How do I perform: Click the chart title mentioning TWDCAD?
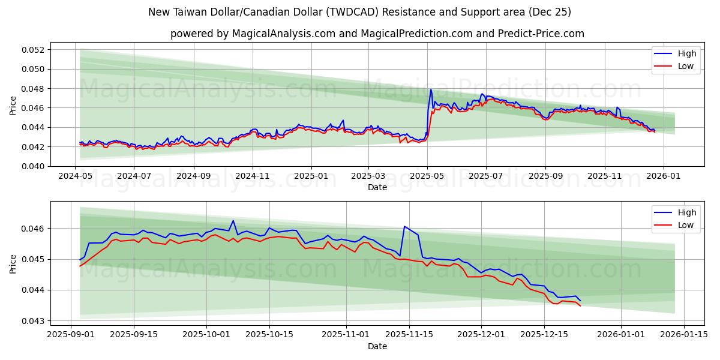(x=359, y=12)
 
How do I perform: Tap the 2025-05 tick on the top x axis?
(x=427, y=176)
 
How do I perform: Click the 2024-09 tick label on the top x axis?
(x=193, y=176)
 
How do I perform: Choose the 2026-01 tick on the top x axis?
(x=663, y=176)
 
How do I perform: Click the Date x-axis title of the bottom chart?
(x=377, y=346)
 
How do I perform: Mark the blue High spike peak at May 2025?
(x=431, y=90)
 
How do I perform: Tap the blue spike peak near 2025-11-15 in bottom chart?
(x=405, y=226)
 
